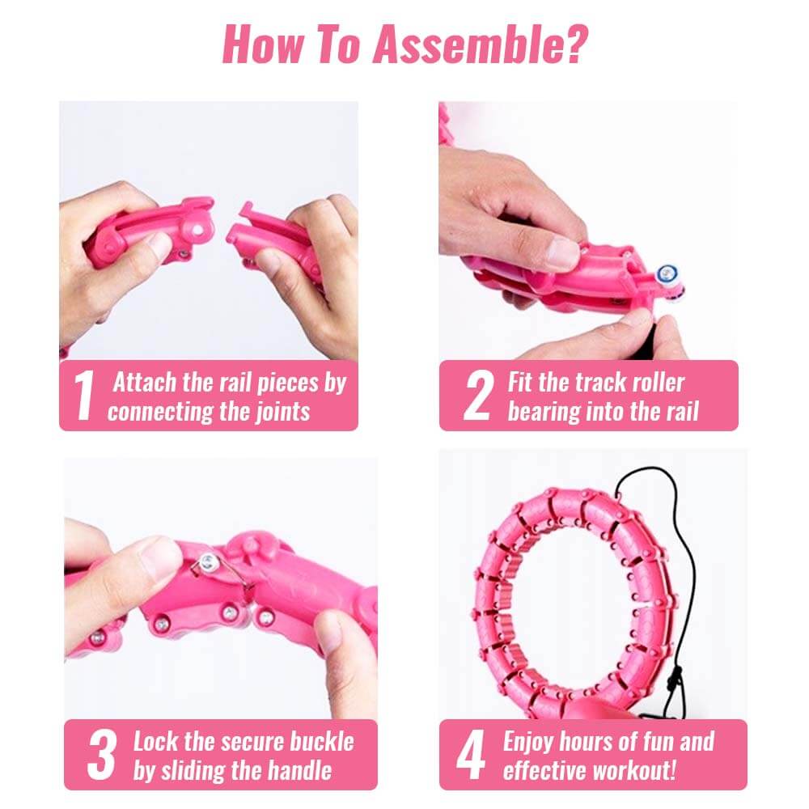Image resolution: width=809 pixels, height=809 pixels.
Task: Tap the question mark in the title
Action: pos(576,44)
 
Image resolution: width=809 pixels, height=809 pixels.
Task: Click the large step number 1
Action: pos(84,396)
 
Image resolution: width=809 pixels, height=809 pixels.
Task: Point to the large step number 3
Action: pos(101,754)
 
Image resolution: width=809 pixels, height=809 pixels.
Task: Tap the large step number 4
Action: pos(471,754)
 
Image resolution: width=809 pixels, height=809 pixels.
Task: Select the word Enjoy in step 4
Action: pos(528,743)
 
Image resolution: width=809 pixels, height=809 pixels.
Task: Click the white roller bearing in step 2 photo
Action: pos(667,274)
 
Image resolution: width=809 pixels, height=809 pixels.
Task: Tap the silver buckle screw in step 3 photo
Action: pos(208,561)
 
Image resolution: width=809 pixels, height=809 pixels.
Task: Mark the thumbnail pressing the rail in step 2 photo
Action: pos(562,252)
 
